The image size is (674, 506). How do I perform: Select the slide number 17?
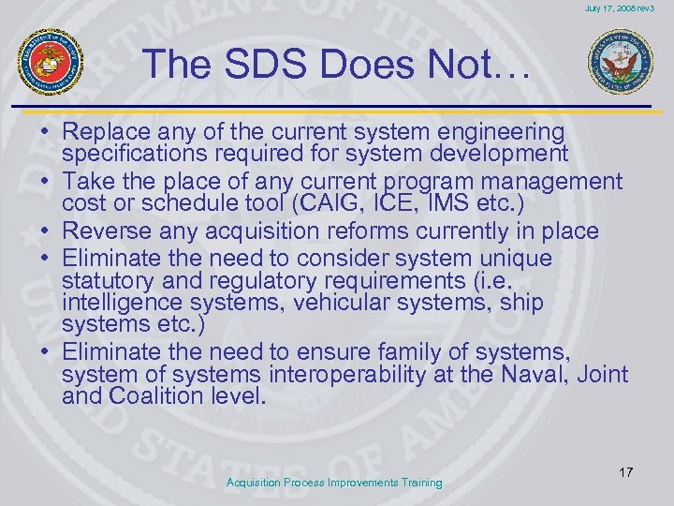pos(625,471)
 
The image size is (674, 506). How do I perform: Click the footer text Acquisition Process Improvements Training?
pos(335,483)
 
